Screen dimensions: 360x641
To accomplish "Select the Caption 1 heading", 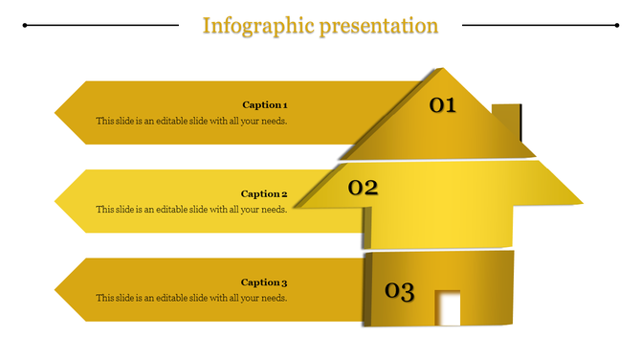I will [x=264, y=104].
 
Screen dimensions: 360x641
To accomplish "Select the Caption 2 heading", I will [x=264, y=193].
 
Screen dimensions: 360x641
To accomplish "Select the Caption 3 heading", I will [x=264, y=282].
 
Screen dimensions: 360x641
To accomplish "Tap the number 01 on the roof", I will [x=442, y=105].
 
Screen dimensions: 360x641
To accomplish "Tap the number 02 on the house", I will [x=363, y=188].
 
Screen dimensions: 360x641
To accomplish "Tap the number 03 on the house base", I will [x=399, y=291].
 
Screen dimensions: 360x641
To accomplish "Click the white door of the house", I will [x=448, y=308].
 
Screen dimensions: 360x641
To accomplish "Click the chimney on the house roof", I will [x=508, y=121].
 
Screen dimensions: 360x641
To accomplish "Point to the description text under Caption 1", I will [x=191, y=122].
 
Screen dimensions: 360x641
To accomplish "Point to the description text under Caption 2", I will [x=191, y=210].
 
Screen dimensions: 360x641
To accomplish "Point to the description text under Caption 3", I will [x=191, y=299].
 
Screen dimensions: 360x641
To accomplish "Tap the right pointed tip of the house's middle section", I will [x=581, y=202].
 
